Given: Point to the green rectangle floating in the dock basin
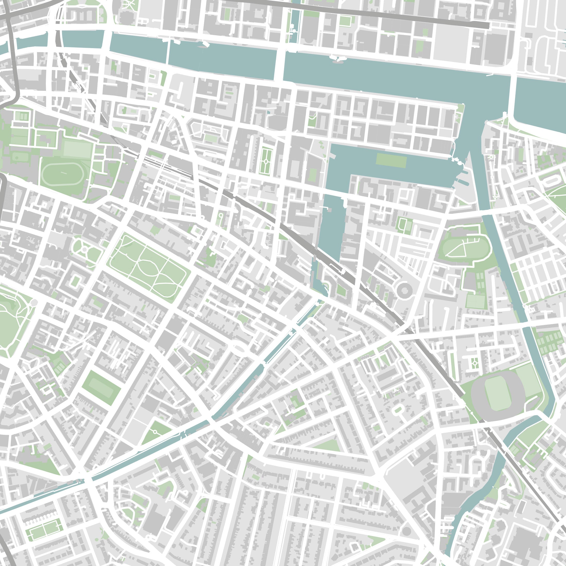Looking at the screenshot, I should point(391,160).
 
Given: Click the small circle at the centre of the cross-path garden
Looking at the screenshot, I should point(84,250).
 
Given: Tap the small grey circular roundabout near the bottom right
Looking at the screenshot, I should point(406,530).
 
